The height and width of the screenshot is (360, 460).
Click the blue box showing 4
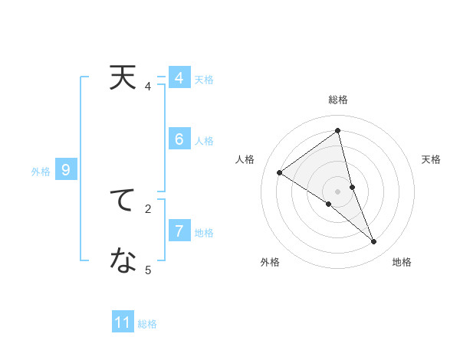pos(179,78)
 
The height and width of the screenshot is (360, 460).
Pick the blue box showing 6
pos(179,139)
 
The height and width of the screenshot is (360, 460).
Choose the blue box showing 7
pos(179,231)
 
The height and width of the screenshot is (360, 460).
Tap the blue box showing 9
pos(66,170)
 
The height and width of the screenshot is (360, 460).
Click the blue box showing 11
pos(123,322)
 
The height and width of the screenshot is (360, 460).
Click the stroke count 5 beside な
pos(148,270)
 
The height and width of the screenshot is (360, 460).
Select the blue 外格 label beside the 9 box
pos(41,172)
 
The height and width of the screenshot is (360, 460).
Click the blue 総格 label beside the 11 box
pos(147,324)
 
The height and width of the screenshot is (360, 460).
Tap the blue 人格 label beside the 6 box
pos(204,141)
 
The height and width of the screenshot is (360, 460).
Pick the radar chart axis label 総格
pos(338,100)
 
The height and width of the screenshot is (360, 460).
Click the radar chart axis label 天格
pos(432,159)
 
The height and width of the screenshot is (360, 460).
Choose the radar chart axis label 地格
pos(402,262)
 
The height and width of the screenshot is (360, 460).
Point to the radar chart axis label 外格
pos(270,262)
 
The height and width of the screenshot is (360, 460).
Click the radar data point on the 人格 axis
pos(280,172)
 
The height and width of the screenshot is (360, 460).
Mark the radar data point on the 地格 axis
pos(374,241)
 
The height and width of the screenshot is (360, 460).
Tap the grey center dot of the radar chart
pos(338,191)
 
